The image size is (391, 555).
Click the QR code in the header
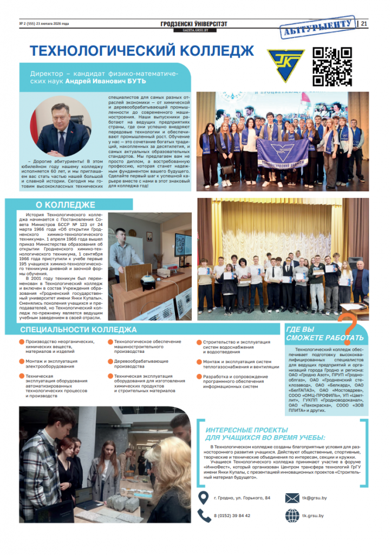point(333,67)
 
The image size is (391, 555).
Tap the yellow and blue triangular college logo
point(286,64)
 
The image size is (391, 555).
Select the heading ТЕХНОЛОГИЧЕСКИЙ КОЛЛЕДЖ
point(142,51)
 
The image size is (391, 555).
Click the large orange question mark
point(350,323)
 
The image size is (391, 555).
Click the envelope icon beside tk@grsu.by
point(292,498)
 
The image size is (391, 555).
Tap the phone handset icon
point(204,515)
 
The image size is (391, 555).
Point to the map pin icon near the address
point(204,498)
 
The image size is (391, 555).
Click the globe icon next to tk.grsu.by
point(292,515)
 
